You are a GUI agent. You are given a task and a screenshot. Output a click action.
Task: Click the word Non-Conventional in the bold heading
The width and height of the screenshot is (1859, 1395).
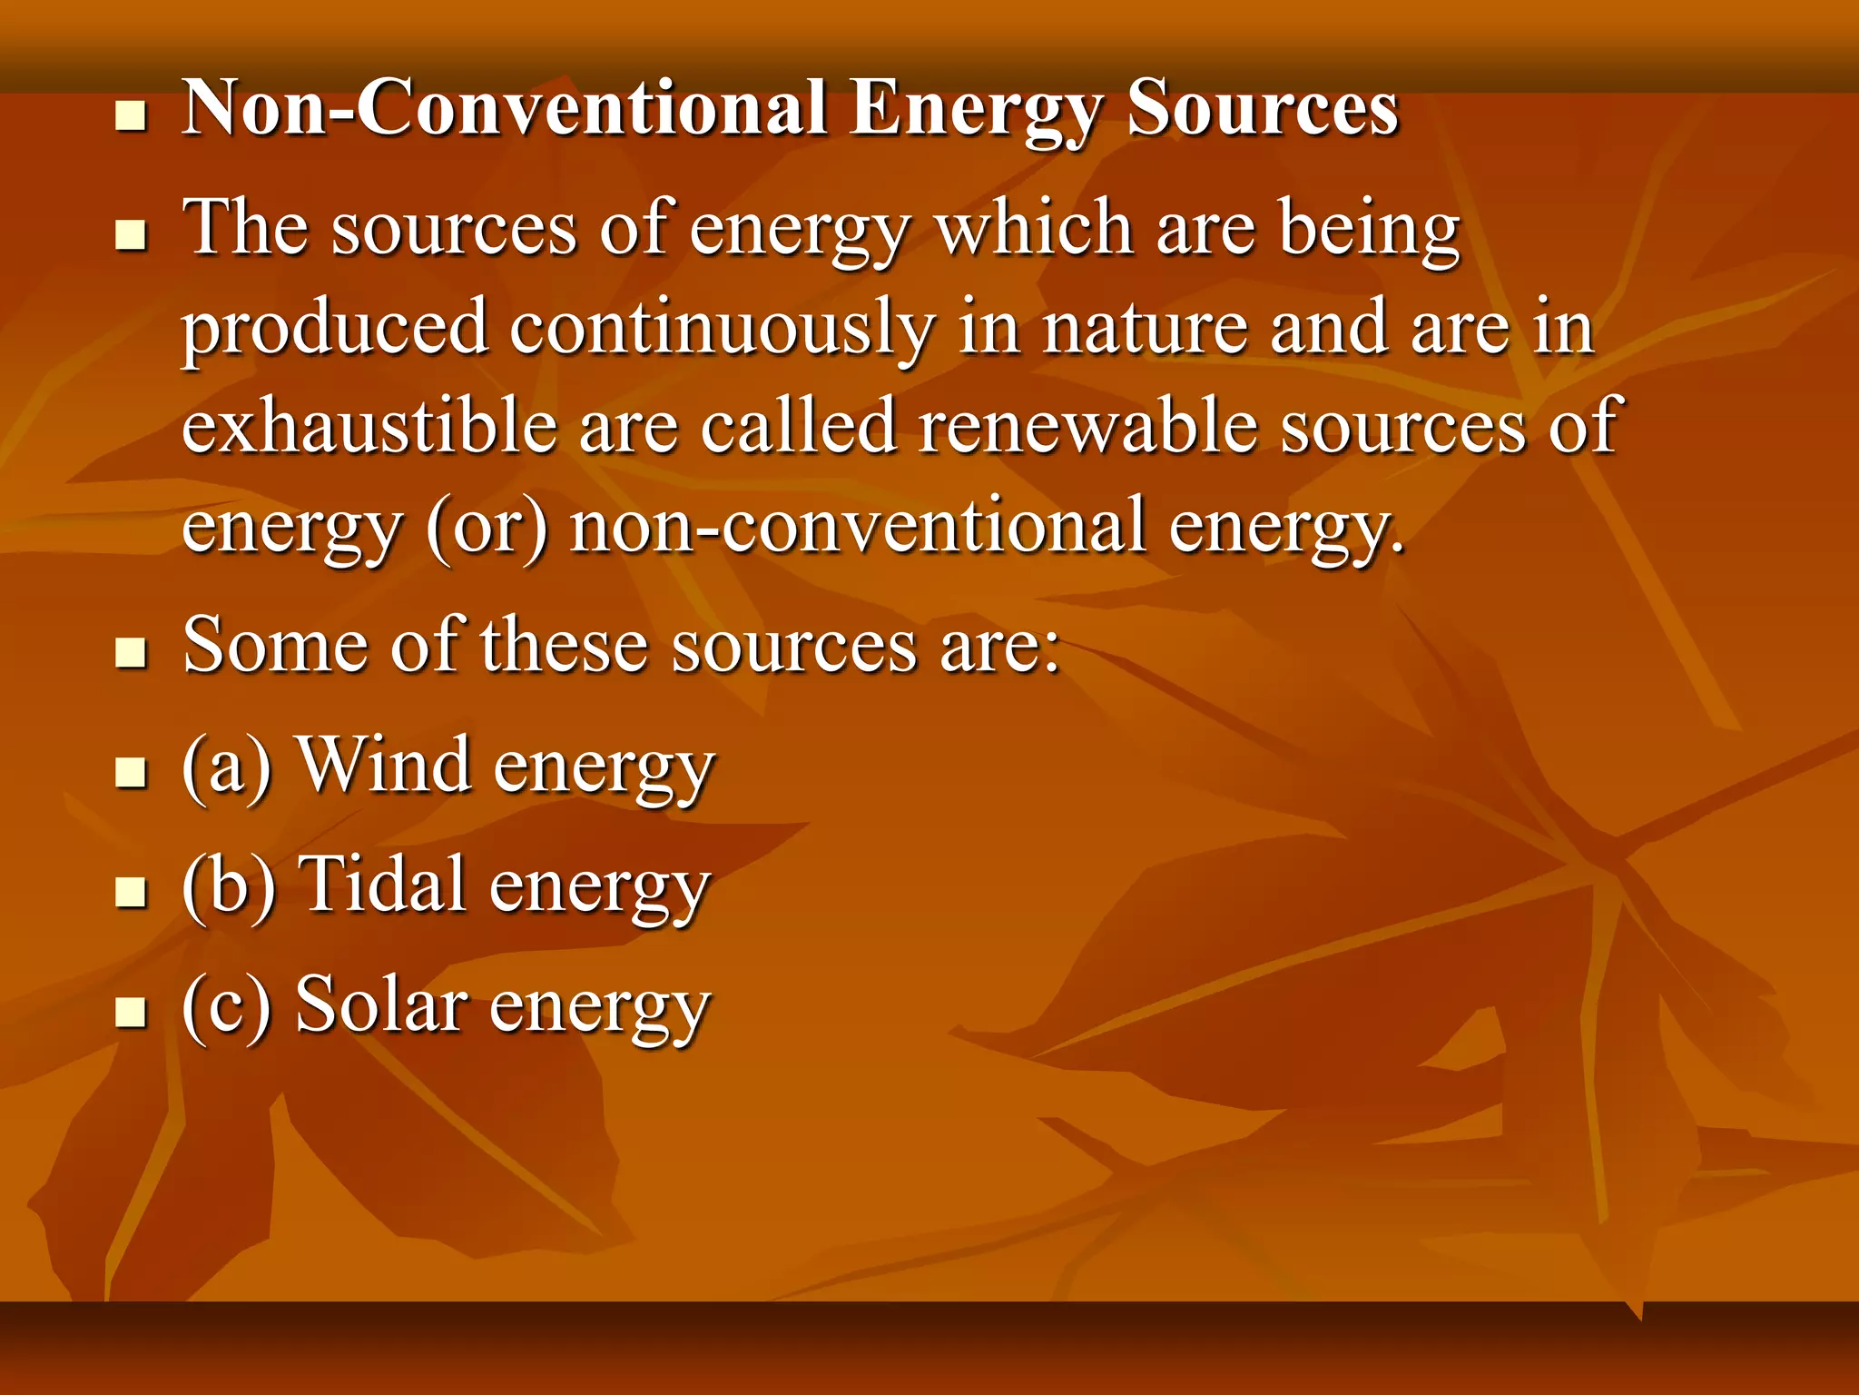[504, 109]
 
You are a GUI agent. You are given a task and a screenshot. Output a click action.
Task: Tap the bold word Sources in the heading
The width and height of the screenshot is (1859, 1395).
[1262, 109]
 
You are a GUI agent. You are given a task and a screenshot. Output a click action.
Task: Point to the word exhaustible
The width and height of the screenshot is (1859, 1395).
[369, 427]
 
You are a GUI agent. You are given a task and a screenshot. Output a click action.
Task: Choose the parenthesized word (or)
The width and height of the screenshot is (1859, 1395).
[487, 527]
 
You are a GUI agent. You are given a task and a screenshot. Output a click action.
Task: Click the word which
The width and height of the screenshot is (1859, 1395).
[1034, 229]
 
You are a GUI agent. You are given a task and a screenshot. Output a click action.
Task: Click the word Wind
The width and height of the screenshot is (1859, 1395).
[384, 766]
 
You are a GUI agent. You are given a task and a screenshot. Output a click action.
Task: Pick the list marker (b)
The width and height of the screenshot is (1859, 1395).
[228, 886]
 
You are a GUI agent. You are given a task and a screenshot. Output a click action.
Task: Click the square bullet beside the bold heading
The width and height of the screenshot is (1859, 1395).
[132, 117]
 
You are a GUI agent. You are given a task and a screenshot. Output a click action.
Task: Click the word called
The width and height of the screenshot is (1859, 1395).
[799, 427]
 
